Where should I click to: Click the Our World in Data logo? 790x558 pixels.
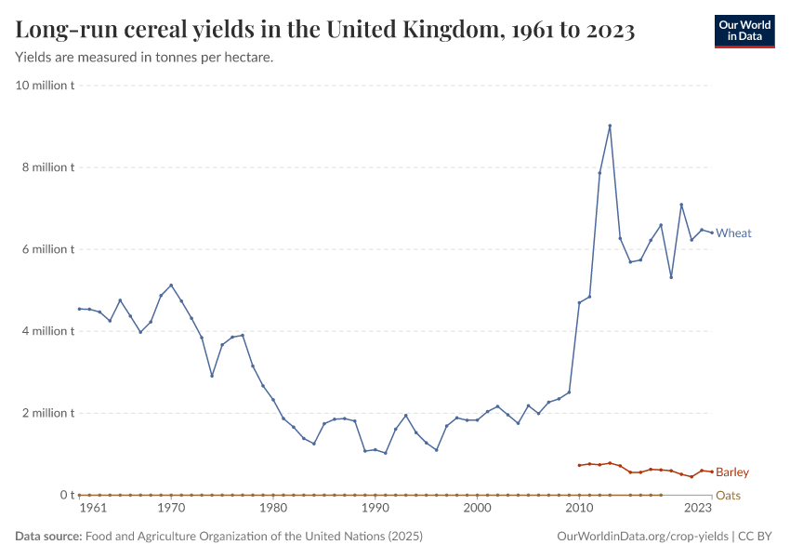[744, 31]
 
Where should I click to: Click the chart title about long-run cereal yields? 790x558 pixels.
[325, 31]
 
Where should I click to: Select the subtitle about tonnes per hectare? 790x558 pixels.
[144, 58]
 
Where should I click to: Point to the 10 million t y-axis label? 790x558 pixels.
[45, 86]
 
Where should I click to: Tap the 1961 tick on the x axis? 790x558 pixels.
[92, 509]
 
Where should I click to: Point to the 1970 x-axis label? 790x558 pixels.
[171, 509]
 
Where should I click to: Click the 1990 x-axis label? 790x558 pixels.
[375, 509]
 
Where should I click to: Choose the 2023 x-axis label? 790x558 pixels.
[698, 509]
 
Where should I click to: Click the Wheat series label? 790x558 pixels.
[733, 233]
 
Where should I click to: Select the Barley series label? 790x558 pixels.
[731, 472]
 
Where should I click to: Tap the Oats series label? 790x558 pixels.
[728, 496]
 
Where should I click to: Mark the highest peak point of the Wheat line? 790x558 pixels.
[610, 126]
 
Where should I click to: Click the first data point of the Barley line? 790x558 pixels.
[579, 465]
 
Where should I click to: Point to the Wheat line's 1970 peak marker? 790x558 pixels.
[171, 285]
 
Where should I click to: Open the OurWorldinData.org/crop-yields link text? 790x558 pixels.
[642, 537]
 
